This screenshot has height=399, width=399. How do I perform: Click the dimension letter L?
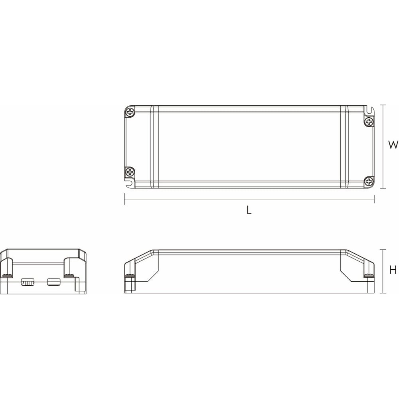click(249, 210)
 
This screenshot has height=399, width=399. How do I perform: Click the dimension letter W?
click(393, 145)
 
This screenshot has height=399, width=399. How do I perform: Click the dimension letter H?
click(393, 270)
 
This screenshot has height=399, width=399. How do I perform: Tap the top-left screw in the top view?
click(130, 112)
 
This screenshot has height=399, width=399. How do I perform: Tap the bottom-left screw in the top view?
click(130, 172)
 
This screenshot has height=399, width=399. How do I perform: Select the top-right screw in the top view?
click(369, 122)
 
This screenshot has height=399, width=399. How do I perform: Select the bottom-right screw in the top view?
click(369, 182)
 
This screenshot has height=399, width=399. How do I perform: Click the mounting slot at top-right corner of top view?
click(369, 110)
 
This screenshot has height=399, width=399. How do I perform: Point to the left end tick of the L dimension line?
click(124, 199)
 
